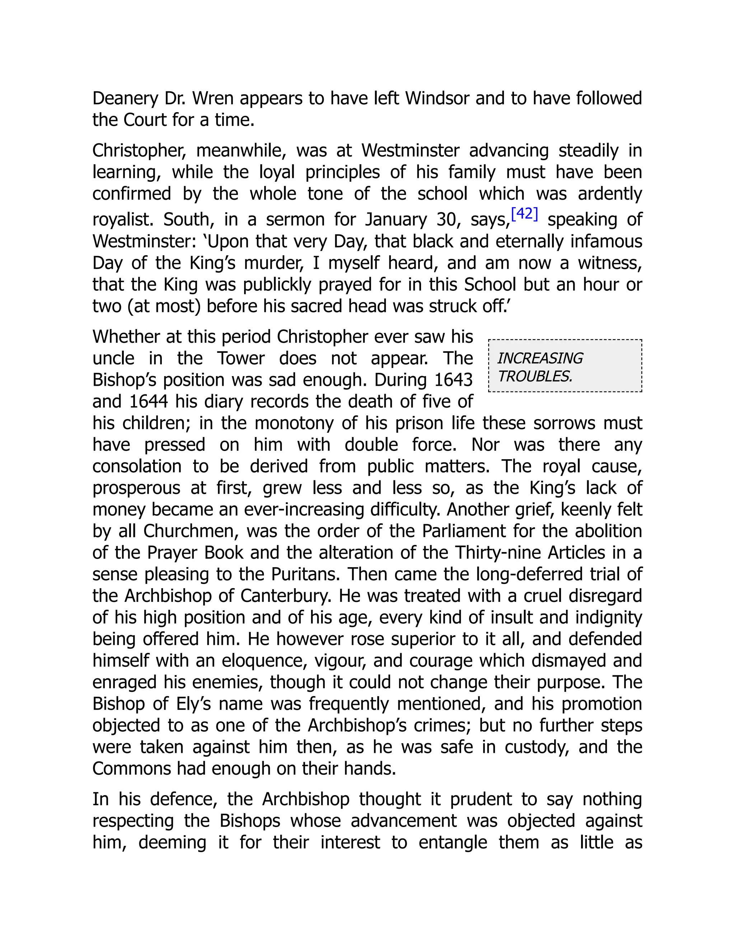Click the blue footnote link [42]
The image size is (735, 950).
click(524, 214)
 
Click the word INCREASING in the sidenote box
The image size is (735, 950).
click(539, 358)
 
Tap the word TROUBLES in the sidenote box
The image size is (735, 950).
click(534, 376)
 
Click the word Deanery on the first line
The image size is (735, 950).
click(125, 99)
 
